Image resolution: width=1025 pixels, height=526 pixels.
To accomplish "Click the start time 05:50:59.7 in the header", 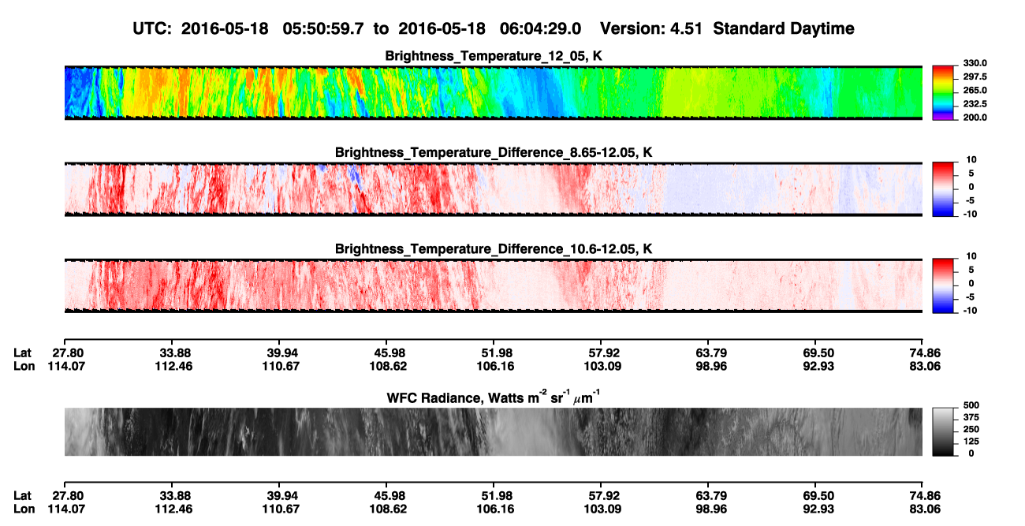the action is point(323,28).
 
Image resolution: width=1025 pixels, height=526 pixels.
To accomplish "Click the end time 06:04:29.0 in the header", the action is point(540,28).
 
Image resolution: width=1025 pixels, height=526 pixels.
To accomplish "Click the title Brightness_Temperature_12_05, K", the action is point(494,56).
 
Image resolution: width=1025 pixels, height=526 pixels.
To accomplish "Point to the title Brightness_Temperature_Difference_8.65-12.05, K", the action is point(494,152).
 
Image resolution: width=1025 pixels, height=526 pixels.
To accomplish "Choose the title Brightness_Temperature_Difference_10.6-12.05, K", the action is point(494,249).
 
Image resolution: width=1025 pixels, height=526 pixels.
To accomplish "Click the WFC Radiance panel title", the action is point(494,397).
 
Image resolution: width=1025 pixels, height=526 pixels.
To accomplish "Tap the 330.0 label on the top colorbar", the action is point(975,63).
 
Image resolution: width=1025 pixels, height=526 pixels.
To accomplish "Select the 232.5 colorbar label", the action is point(975,104).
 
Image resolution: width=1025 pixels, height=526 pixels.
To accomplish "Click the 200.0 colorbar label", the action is point(975,118).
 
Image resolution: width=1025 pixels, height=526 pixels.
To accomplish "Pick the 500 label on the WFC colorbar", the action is point(971,405).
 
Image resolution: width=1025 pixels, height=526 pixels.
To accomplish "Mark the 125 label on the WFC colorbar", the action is point(971,442).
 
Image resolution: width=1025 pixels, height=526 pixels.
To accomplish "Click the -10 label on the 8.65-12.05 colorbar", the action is point(970,214).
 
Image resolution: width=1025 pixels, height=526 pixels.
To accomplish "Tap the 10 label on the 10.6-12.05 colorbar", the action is point(971,256).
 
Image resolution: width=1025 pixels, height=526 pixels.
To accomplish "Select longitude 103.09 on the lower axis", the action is point(602,509).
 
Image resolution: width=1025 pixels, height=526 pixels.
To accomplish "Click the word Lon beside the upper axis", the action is point(24,366).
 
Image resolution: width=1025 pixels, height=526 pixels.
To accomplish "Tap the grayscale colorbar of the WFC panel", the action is point(943,431).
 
